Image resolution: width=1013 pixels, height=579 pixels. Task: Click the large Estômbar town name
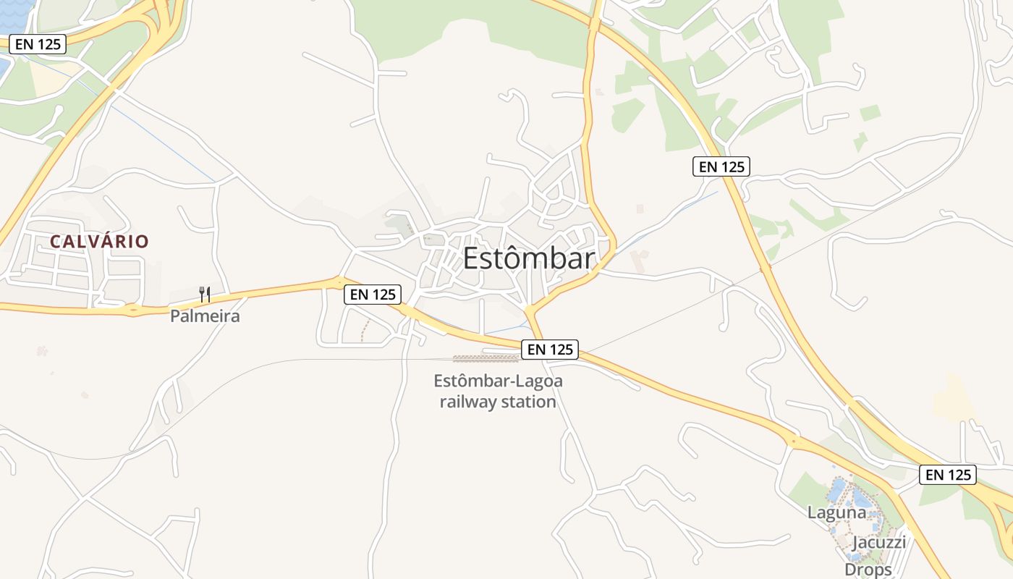528,258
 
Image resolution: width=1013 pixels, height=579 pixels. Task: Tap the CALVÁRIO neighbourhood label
99,242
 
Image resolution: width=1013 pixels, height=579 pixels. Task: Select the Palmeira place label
205,316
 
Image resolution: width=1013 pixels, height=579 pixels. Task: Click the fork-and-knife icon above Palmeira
205,294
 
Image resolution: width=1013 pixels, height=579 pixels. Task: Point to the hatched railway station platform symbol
486,358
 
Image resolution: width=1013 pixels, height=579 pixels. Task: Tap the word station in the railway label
532,402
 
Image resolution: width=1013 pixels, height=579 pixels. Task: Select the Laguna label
836,512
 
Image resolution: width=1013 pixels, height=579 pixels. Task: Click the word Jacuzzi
878,542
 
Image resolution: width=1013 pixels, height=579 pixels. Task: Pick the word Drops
868,570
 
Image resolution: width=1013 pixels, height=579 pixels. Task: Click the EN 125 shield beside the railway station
550,350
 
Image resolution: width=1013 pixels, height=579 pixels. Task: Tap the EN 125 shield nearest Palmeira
372,295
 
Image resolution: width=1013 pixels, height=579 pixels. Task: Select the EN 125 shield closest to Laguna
948,475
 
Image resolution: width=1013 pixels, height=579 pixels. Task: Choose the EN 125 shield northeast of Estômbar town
721,166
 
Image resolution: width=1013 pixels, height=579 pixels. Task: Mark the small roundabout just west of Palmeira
132,310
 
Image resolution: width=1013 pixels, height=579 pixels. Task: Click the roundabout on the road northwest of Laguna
794,441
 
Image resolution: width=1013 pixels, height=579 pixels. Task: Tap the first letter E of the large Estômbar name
471,258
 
